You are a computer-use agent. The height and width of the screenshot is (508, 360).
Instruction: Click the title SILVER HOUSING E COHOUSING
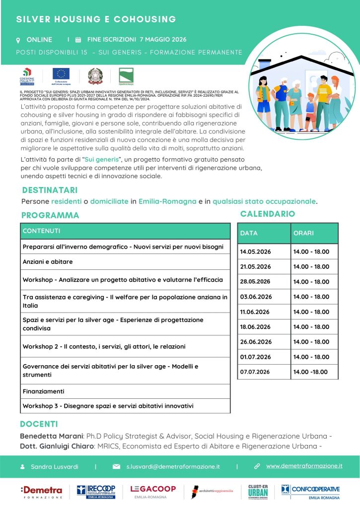pyautogui.click(x=96, y=19)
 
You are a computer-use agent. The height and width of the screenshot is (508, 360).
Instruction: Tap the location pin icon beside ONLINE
pyautogui.click(x=18, y=40)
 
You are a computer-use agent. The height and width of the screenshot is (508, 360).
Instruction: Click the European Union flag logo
pyautogui.click(x=62, y=74)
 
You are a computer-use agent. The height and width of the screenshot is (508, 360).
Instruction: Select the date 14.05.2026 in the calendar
pyautogui.click(x=255, y=252)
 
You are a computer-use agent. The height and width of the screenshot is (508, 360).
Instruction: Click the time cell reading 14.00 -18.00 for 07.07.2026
pyautogui.click(x=311, y=372)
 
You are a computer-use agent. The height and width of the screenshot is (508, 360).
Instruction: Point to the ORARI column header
pyautogui.click(x=303, y=233)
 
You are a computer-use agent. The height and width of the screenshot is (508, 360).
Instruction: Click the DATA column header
pyautogui.click(x=249, y=233)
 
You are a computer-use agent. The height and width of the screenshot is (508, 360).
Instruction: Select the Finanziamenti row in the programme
pyautogui.click(x=43, y=391)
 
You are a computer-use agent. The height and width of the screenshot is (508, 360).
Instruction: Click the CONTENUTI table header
pyautogui.click(x=42, y=231)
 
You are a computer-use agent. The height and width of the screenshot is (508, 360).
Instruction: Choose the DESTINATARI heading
pyautogui.click(x=50, y=190)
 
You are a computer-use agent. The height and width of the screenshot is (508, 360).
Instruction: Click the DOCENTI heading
pyautogui.click(x=39, y=424)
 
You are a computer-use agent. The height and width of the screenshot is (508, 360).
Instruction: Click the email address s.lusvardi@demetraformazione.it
pyautogui.click(x=173, y=467)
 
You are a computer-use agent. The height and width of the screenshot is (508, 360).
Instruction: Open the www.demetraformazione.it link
pyautogui.click(x=304, y=466)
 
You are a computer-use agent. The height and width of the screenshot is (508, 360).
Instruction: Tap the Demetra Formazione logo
pyautogui.click(x=42, y=492)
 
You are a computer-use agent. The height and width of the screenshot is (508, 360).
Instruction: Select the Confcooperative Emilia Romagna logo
pyautogui.click(x=311, y=492)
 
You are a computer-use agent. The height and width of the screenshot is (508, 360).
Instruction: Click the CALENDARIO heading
pyautogui.click(x=267, y=214)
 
